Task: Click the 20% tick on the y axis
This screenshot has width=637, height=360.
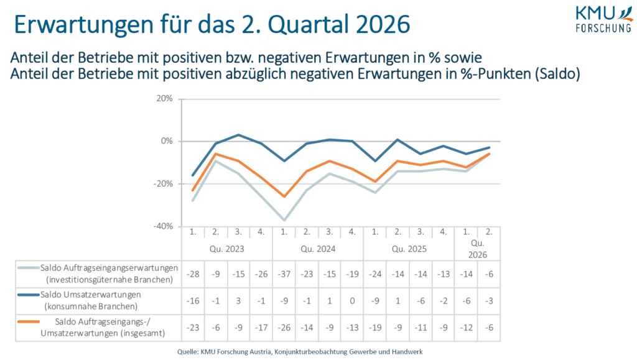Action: coord(165,99)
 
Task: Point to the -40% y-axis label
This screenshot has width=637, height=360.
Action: coord(164,226)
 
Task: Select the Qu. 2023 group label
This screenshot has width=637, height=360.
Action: coord(227,249)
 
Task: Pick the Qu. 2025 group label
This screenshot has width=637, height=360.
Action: coord(409,249)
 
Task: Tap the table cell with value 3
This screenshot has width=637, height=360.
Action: coord(239,300)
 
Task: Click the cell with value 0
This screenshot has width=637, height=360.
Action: coord(353,300)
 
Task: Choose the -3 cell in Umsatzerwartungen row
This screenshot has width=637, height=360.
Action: coord(489,300)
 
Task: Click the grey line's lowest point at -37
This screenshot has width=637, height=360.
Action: coord(284,220)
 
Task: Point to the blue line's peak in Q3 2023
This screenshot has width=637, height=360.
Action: coord(239,135)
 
